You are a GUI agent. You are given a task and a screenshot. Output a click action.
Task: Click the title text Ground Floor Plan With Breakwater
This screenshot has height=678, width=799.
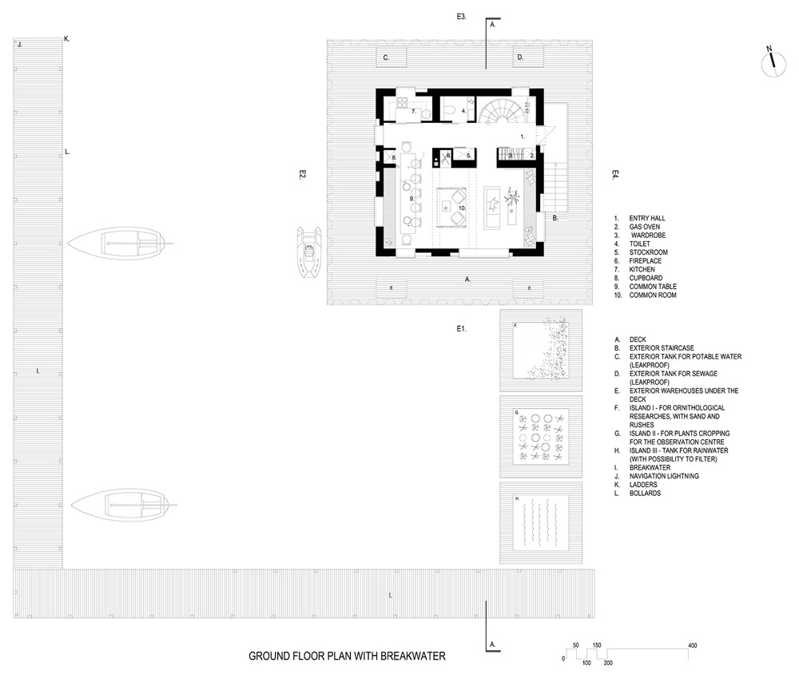[x=347, y=656]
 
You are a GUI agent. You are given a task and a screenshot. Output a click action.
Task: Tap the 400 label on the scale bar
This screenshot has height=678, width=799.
[x=692, y=644]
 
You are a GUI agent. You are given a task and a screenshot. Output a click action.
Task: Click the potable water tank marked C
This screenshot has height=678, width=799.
[x=391, y=57]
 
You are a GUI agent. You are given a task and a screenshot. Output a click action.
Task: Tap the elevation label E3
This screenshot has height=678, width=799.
[x=461, y=17]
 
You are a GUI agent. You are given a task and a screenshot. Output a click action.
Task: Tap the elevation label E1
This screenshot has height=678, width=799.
[x=461, y=328]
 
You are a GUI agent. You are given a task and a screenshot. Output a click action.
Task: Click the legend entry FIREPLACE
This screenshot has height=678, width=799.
[x=649, y=261]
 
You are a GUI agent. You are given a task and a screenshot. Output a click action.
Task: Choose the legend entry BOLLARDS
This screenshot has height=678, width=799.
[x=646, y=494]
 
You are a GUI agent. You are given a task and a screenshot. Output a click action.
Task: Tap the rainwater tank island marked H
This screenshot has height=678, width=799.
[x=539, y=523]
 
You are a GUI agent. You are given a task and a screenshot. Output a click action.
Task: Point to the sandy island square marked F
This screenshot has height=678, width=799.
[x=539, y=350]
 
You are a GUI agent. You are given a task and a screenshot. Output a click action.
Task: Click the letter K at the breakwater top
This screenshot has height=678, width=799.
[x=66, y=38]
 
